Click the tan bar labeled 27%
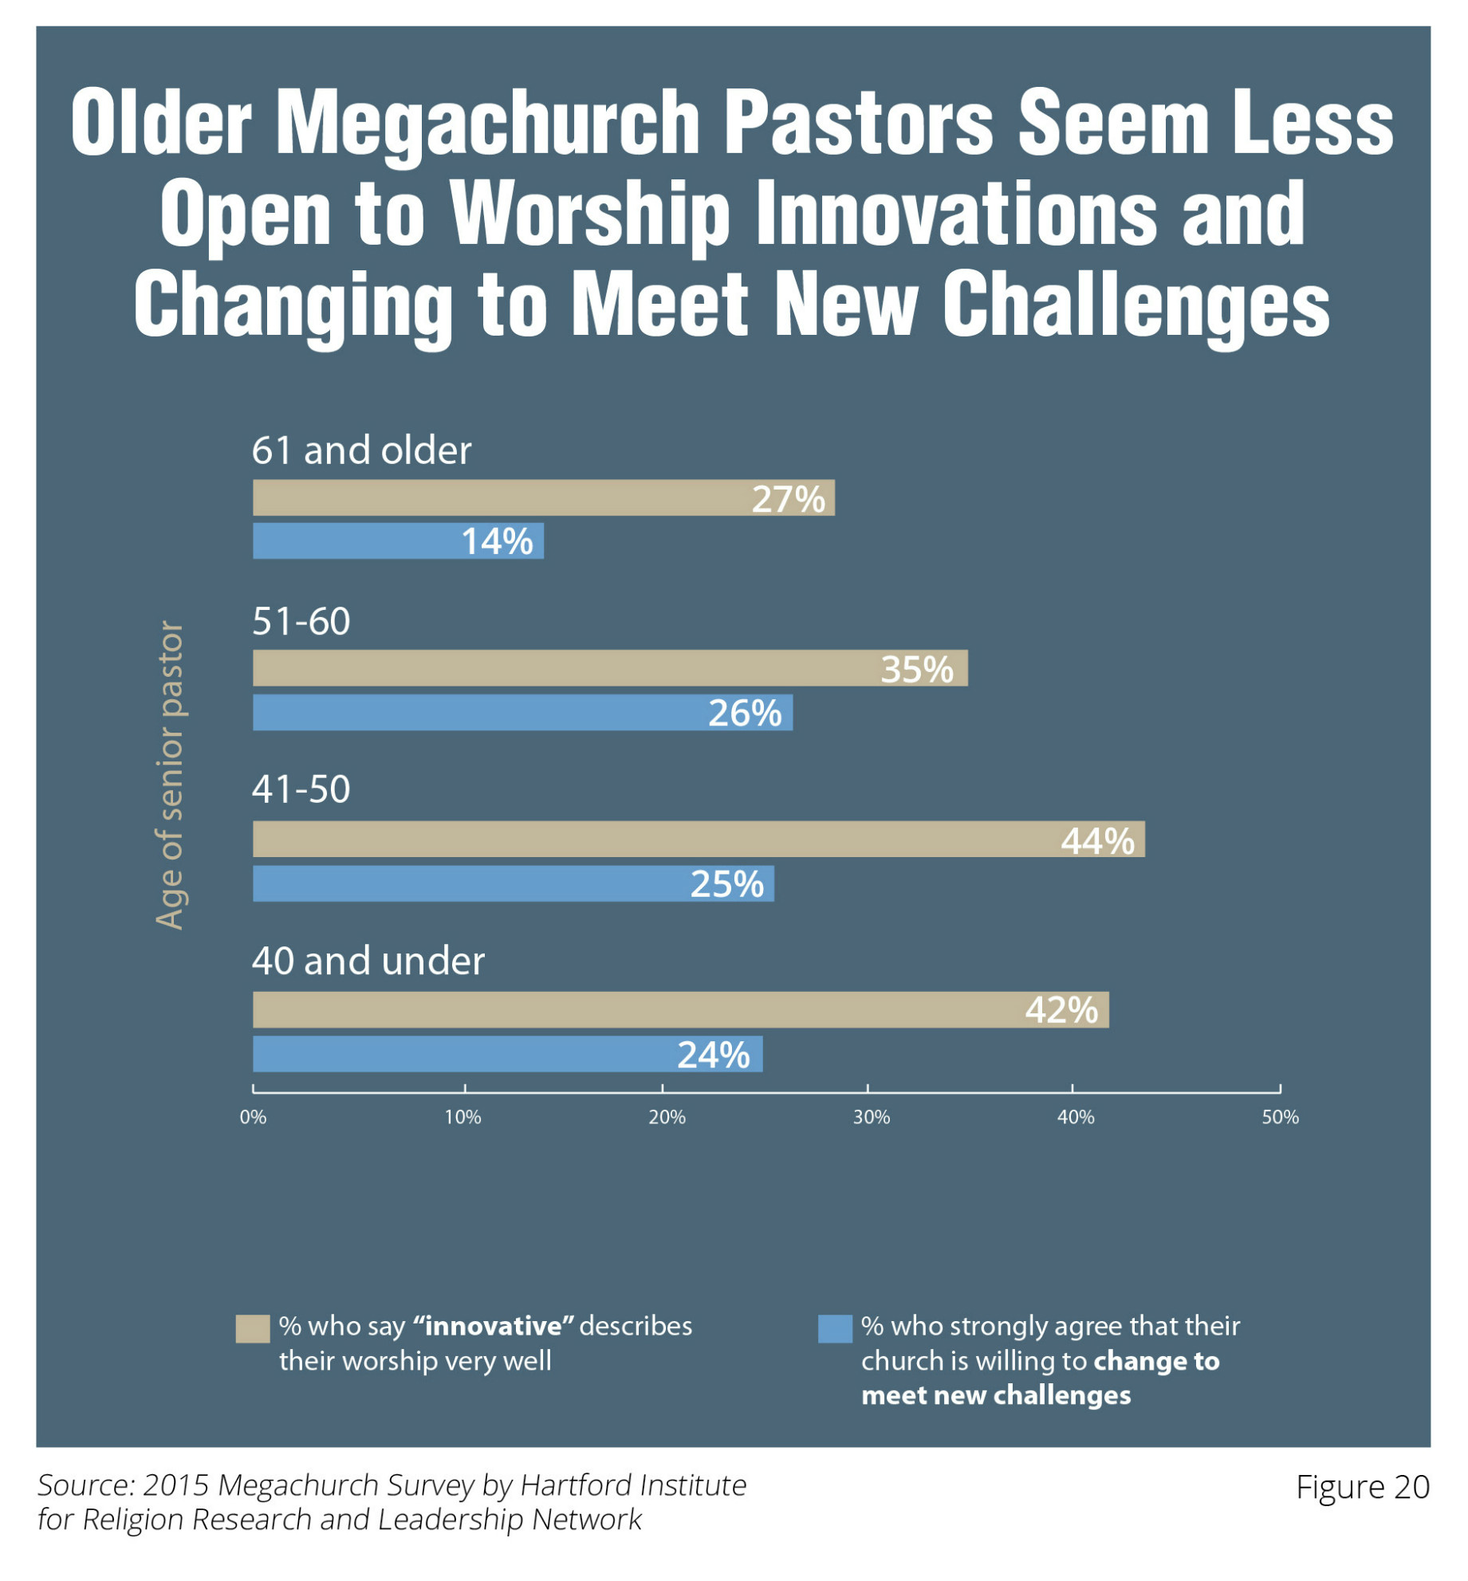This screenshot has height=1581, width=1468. coord(543,498)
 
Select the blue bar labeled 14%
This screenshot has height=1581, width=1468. coord(398,541)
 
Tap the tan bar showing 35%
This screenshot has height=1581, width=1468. coord(610,668)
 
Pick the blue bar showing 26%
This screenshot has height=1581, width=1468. coord(522,713)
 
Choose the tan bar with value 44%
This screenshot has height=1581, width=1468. coord(699,840)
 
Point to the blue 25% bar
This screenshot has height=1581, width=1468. coord(513,884)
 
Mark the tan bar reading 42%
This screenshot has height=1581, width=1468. coord(680,1010)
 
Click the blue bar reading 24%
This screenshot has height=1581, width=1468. coord(507,1054)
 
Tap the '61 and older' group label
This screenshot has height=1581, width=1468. coord(361,450)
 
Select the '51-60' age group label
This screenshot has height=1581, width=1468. coord(301,622)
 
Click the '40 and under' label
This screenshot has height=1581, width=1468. coord(368,961)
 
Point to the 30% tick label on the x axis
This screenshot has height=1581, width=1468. coord(871,1117)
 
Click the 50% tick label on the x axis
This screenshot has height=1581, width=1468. coord(1280,1117)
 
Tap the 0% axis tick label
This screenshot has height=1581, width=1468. coord(253,1117)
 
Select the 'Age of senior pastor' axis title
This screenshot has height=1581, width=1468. coord(170,775)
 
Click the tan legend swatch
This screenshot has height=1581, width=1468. coord(252,1329)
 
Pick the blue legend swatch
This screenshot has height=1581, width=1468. coord(835,1329)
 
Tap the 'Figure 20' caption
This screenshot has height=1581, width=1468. coord(1362,1488)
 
